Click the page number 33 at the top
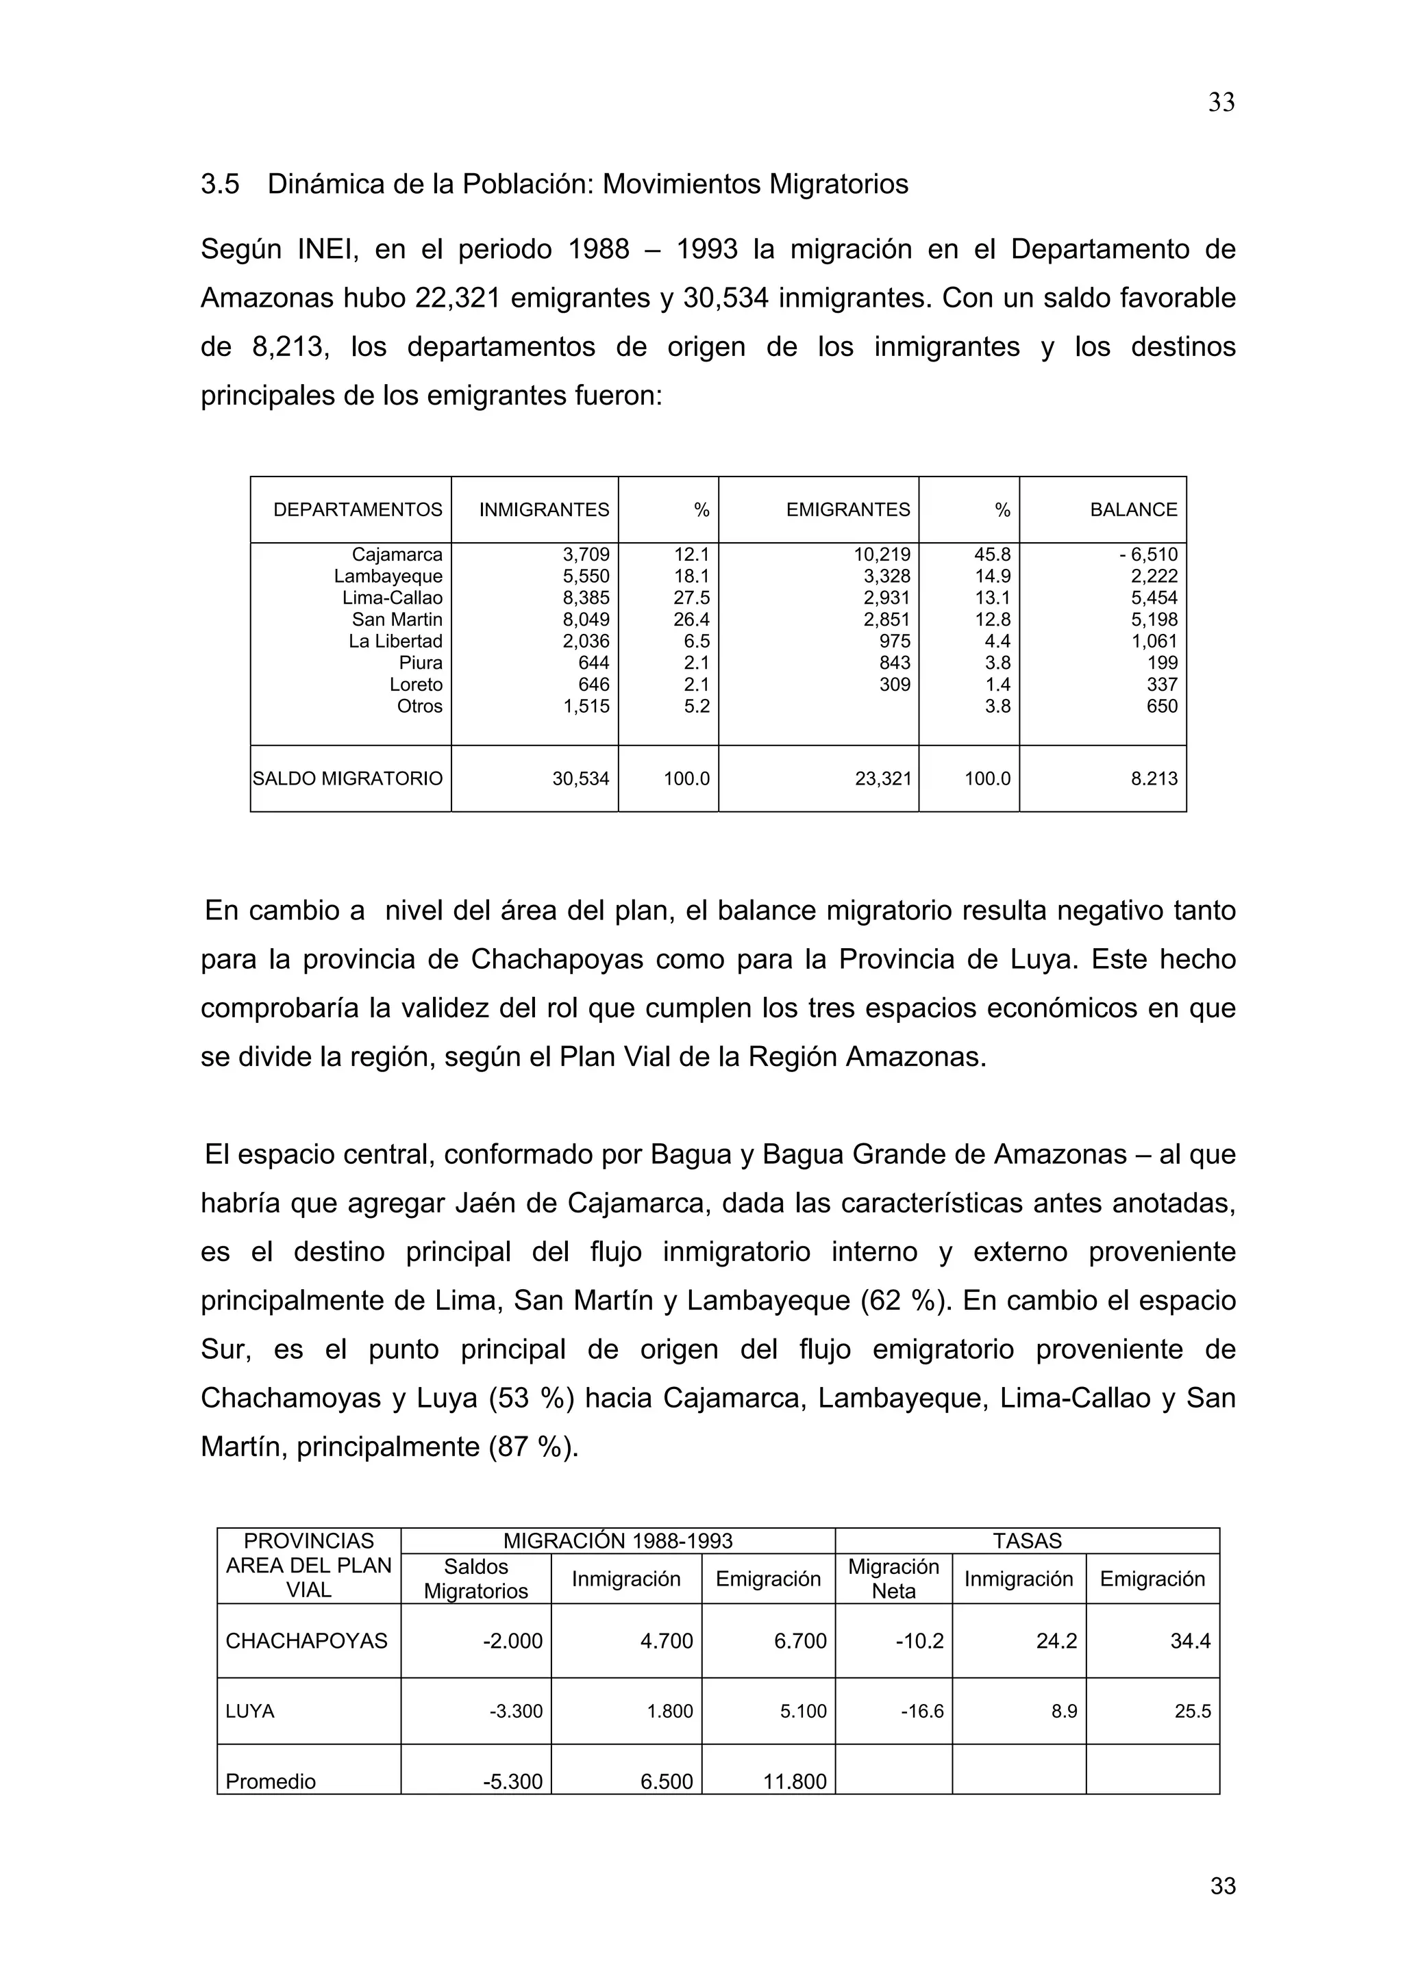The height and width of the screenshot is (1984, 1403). pos(1221,103)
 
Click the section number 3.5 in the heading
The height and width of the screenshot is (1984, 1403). pos(220,184)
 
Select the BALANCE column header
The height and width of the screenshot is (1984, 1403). pos(1132,510)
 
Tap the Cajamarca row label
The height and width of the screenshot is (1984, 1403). pos(397,555)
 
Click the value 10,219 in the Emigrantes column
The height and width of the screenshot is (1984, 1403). pos(882,555)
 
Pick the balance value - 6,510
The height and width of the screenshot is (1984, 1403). pos(1148,555)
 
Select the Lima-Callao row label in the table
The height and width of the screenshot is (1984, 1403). pos(392,598)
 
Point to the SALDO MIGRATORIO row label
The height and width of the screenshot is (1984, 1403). pos(347,778)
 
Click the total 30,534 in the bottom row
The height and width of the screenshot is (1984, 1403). pos(580,778)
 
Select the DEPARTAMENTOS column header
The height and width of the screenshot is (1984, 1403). pos(357,510)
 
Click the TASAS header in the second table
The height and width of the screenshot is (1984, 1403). pos(1027,1540)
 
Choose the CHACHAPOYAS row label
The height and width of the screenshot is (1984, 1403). pos(306,1641)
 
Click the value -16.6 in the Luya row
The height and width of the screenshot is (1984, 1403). pos(921,1711)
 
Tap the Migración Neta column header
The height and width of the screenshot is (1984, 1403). pos(893,1579)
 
